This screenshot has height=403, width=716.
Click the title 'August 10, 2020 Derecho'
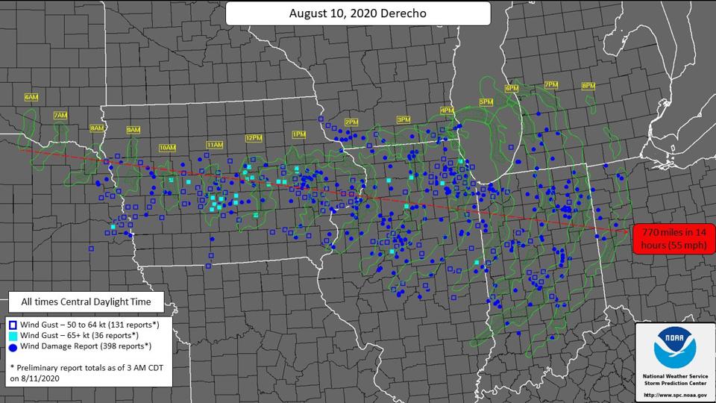click(x=357, y=13)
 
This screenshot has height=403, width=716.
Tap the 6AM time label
click(x=31, y=98)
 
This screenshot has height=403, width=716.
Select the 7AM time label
click(x=60, y=116)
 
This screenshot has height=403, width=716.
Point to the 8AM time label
click(x=97, y=128)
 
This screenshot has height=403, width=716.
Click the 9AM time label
click(x=134, y=130)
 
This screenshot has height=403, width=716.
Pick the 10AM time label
click(x=168, y=148)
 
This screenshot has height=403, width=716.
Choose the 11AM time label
click(x=215, y=144)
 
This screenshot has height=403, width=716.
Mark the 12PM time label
click(x=254, y=138)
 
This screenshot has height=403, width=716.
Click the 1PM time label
click(x=299, y=134)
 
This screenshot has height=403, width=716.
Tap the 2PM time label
click(x=351, y=122)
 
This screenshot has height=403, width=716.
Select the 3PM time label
click(x=403, y=119)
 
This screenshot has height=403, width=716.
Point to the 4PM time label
click(x=447, y=110)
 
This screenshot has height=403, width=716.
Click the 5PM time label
click(x=486, y=101)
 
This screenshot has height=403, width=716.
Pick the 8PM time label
click(x=588, y=86)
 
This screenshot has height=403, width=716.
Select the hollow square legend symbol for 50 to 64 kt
click(x=13, y=325)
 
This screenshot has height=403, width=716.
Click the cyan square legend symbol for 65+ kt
click(x=13, y=335)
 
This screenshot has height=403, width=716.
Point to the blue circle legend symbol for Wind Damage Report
click(x=13, y=346)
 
